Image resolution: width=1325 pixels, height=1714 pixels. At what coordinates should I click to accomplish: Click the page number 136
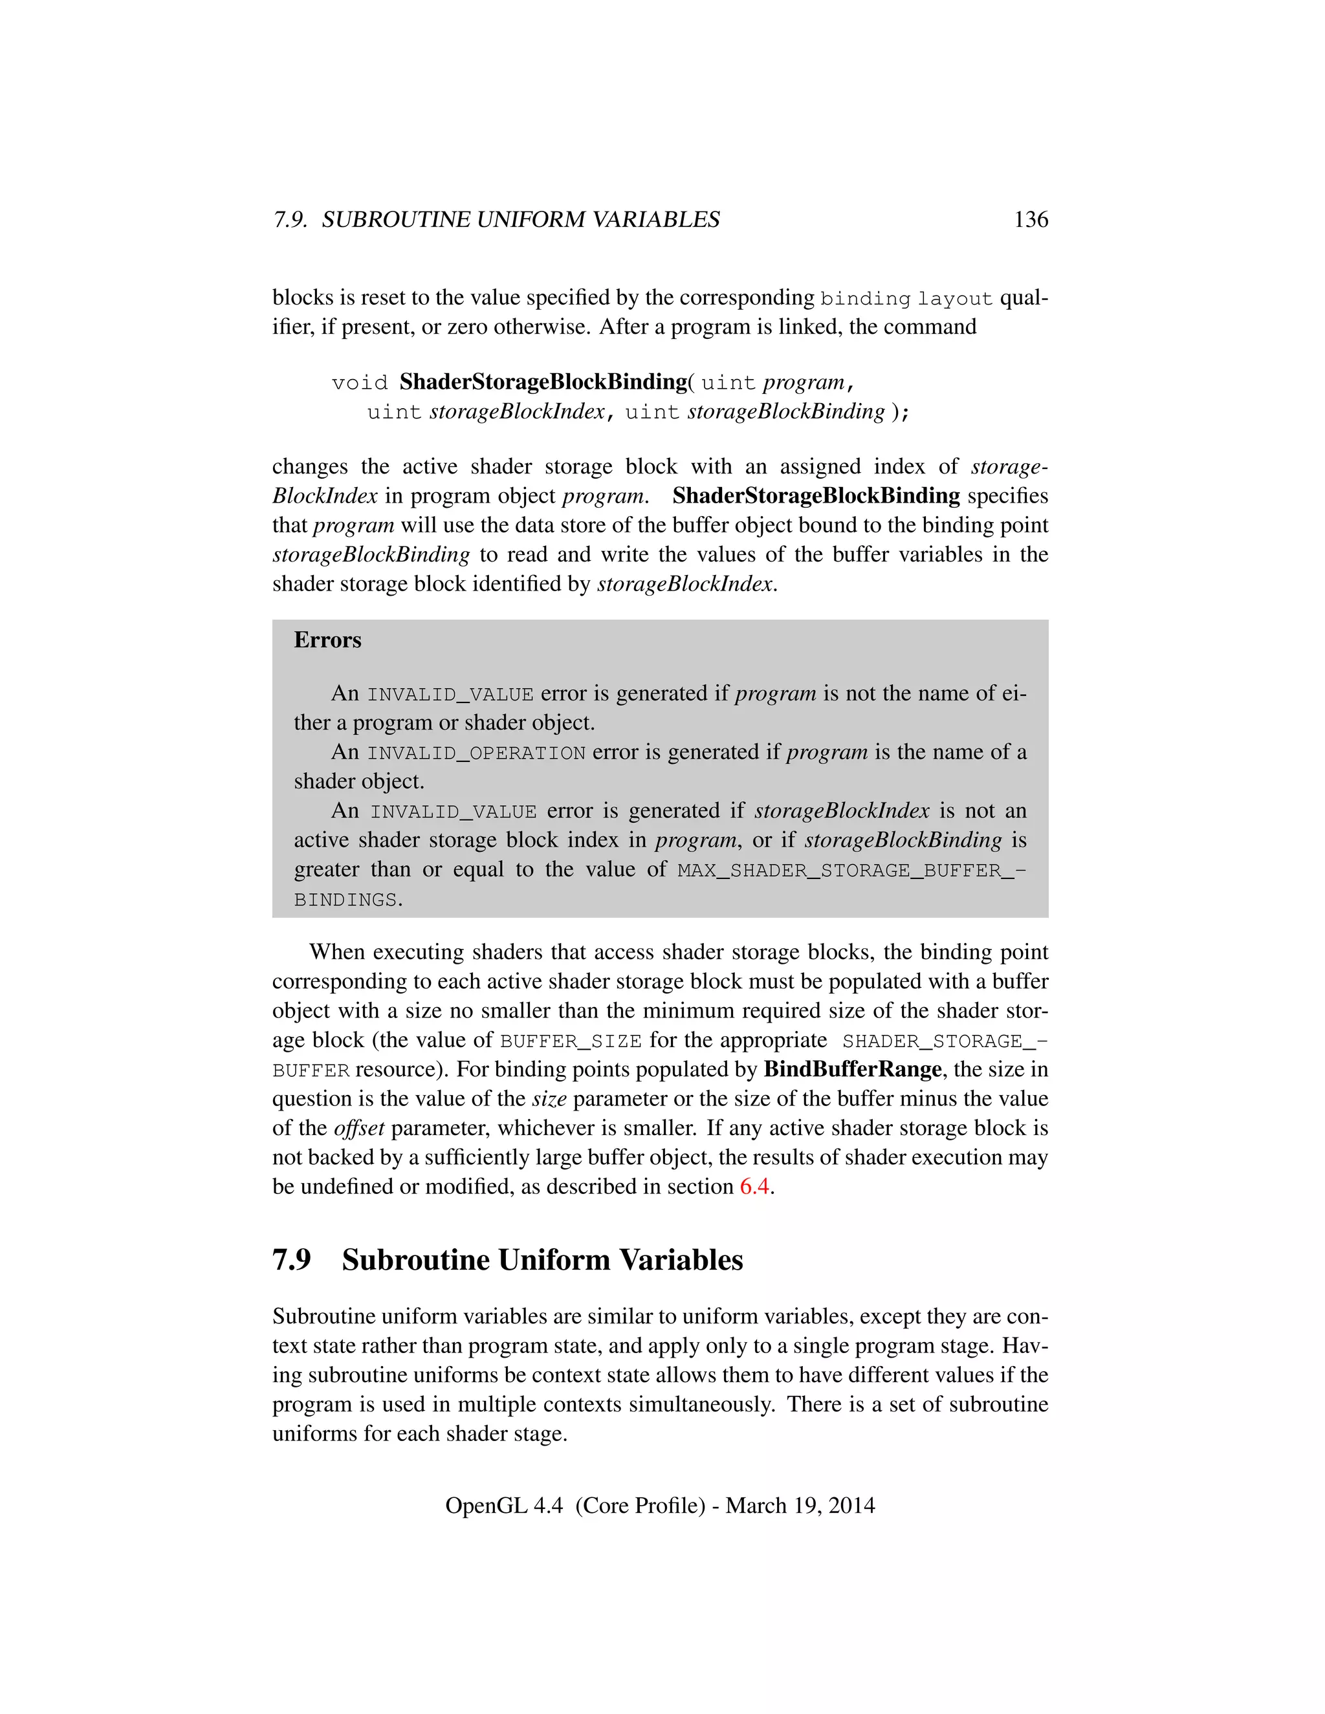click(1031, 220)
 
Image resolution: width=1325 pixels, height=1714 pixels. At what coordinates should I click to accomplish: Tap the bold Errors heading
click(327, 640)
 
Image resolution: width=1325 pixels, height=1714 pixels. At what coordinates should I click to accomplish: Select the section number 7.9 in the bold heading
click(291, 1259)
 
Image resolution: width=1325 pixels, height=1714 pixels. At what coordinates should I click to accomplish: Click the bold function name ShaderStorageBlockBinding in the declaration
click(543, 382)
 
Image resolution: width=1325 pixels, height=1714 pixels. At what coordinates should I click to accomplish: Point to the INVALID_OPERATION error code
click(476, 754)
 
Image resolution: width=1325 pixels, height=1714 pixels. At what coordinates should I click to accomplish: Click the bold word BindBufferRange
click(853, 1069)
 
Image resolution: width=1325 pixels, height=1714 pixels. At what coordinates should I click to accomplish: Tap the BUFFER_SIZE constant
click(571, 1041)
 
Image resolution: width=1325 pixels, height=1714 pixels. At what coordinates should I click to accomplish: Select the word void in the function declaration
click(360, 383)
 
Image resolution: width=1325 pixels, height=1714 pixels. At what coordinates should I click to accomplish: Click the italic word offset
click(358, 1128)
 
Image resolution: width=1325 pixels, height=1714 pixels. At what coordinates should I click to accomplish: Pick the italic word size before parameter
click(549, 1099)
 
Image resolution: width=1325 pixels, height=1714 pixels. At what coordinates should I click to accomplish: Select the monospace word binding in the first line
click(865, 299)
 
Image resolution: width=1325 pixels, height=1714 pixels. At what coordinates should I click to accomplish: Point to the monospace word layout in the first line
click(956, 299)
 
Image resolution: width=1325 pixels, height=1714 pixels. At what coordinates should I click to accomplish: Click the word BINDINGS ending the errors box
click(345, 900)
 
